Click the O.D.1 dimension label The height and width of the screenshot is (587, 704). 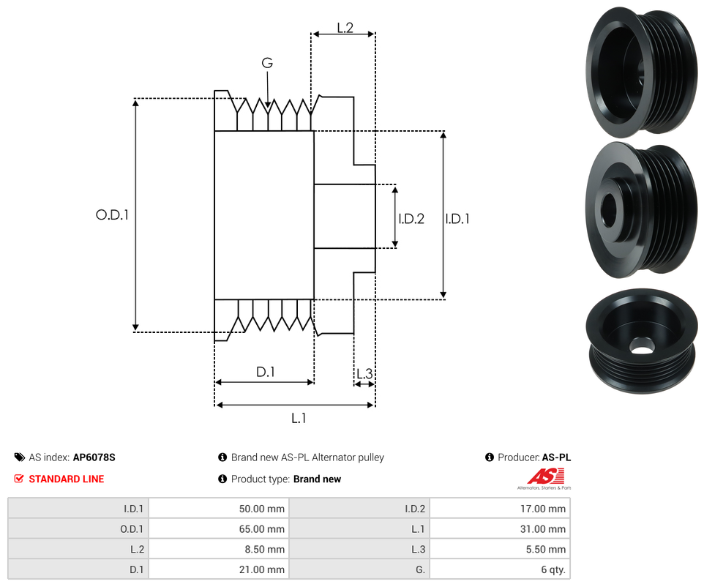click(112, 215)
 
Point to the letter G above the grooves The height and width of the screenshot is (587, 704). click(267, 64)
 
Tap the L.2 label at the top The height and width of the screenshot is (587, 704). click(345, 28)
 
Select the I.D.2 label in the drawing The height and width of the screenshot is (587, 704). click(411, 218)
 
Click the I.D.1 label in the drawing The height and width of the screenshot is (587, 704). click(457, 218)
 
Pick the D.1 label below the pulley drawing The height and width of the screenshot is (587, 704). click(265, 372)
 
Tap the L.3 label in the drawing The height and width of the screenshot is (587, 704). click(364, 375)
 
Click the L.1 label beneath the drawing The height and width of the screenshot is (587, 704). click(298, 418)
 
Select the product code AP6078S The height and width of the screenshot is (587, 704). click(94, 457)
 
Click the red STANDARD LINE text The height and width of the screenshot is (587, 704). click(66, 479)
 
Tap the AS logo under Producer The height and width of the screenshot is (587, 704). click(544, 476)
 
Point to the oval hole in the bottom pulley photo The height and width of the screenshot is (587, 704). click(642, 347)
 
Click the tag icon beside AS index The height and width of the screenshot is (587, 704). click(20, 457)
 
